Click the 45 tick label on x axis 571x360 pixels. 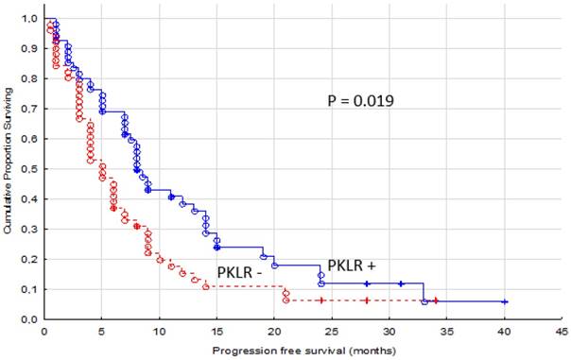pos(562,332)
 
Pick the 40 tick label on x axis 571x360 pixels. pos(505,332)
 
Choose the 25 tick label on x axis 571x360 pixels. pos(332,332)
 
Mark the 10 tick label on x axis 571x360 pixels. pos(159,332)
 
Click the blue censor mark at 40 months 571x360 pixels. pos(505,301)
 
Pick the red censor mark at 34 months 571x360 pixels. pos(436,300)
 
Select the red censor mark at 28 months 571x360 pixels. pos(367,300)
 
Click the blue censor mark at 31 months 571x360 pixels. pos(401,283)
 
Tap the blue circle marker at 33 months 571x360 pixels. pos(424,301)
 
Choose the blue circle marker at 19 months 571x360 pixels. pos(263,256)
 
